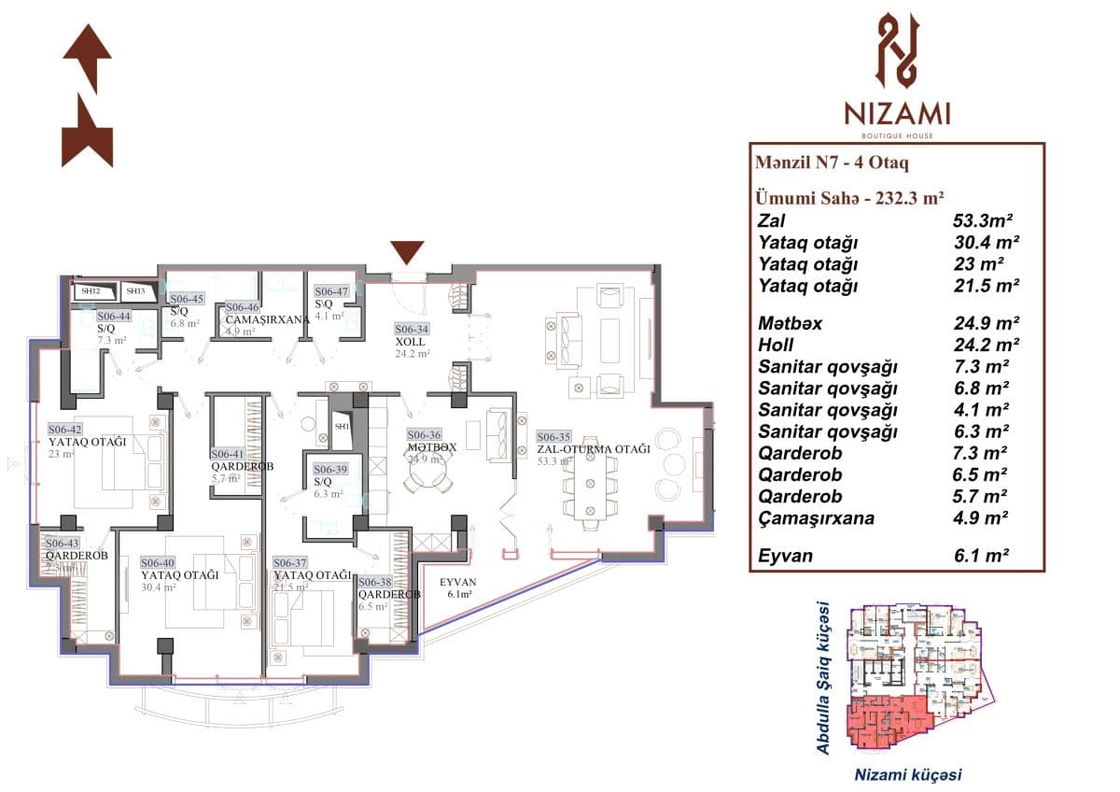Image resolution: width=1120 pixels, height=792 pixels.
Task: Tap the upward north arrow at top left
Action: pyautogui.click(x=88, y=58)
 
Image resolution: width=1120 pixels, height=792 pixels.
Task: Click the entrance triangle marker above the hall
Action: pyautogui.click(x=407, y=253)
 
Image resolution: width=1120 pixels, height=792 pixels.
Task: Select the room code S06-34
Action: pyautogui.click(x=412, y=329)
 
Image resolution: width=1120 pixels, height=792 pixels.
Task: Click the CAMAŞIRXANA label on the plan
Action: pyautogui.click(x=267, y=318)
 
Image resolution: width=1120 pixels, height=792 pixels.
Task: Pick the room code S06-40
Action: pyautogui.click(x=158, y=562)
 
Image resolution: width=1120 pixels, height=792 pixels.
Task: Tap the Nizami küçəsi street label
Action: pyautogui.click(x=908, y=774)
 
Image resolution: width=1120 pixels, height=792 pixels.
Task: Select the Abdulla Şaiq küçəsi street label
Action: pyautogui.click(x=823, y=677)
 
